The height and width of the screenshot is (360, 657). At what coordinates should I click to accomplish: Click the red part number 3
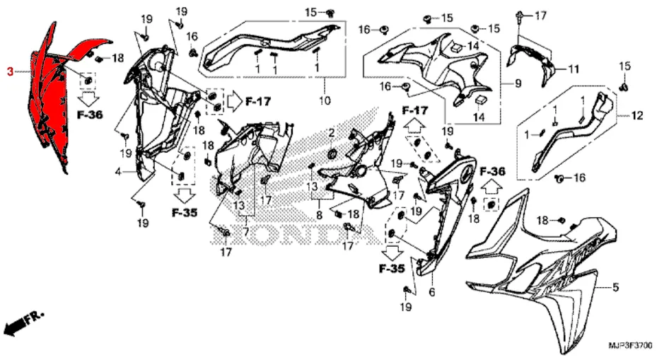10,72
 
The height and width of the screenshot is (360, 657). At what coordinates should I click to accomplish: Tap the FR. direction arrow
23,321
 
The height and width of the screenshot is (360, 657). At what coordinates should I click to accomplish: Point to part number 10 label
325,100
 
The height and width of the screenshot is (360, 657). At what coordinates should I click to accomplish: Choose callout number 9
518,83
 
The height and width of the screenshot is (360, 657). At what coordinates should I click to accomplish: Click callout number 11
574,69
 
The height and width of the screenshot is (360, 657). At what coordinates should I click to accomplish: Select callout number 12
637,115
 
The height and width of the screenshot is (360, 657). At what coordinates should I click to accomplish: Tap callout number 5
615,287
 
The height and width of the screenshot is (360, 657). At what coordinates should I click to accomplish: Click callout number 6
432,292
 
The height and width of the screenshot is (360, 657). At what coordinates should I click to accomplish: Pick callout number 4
119,172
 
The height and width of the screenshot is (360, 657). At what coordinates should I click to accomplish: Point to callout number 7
246,231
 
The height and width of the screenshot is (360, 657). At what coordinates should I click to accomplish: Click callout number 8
319,216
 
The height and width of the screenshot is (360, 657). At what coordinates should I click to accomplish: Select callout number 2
332,133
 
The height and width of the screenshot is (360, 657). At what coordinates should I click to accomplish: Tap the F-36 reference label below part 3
90,115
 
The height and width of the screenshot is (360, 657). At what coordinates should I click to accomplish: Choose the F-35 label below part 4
185,212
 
